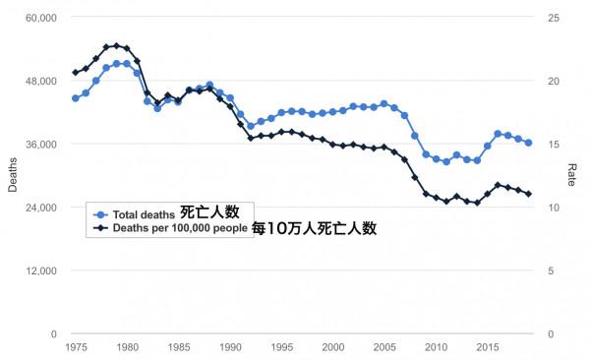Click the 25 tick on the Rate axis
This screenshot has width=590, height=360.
tap(554, 18)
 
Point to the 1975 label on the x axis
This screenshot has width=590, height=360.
tap(75, 347)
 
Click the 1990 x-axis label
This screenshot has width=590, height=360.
tap(230, 347)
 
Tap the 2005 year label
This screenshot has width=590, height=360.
tap(384, 347)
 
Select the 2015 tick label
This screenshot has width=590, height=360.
tap(488, 347)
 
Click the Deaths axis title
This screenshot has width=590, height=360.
tap(13, 175)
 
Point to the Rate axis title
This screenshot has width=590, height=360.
tap(572, 175)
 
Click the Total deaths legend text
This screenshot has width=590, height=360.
tap(144, 214)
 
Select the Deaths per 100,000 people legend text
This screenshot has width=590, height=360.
tap(180, 227)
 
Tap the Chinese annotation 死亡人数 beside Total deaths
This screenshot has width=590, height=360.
tap(209, 212)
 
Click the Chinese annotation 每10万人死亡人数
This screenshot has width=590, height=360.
tap(314, 227)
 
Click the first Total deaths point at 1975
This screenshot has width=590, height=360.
tap(75, 98)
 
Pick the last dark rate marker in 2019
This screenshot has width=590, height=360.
tap(528, 194)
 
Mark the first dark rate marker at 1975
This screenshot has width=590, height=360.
tap(75, 73)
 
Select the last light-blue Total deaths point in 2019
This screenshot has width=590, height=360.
tap(528, 143)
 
